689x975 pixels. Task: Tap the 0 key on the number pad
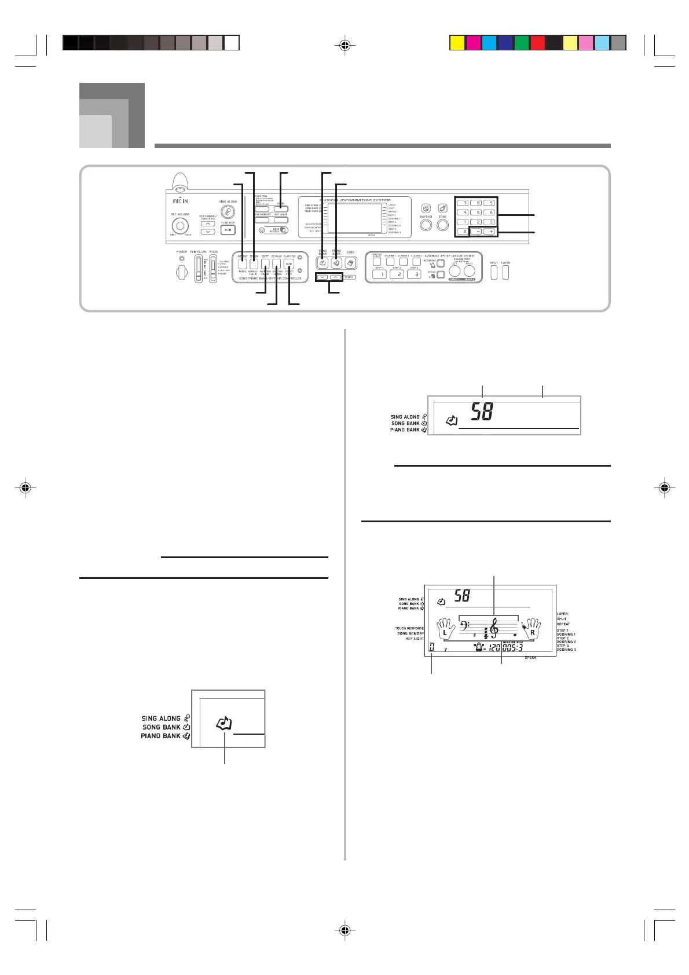tap(463, 232)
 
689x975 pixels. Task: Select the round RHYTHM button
tap(426, 224)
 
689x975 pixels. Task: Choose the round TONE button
tap(443, 224)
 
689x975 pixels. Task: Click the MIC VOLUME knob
tap(180, 226)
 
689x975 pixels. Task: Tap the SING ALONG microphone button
tap(228, 212)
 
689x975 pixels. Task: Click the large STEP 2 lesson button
tap(397, 274)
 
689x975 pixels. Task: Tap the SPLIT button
tap(494, 272)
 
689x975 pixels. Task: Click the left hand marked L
tap(445, 629)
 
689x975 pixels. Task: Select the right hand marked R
tap(531, 629)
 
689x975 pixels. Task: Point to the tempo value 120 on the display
tap(494, 648)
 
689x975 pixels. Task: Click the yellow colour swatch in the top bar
tap(457, 43)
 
